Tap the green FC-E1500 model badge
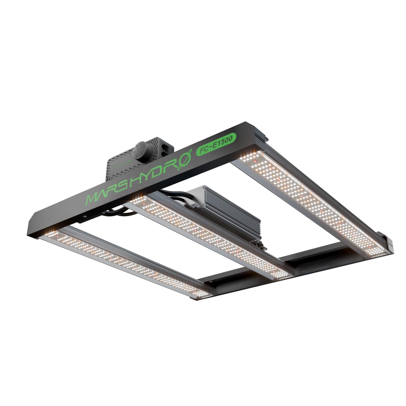216,144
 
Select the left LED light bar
127,261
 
